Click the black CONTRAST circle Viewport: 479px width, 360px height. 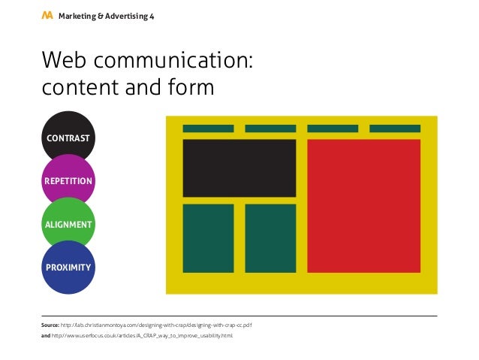pos(68,135)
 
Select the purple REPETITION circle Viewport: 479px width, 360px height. pos(68,180)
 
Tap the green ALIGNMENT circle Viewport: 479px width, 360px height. pos(68,224)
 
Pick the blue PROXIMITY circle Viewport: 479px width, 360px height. pos(68,268)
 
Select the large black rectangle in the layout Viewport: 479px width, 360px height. pos(239,168)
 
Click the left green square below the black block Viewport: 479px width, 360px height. pos(208,238)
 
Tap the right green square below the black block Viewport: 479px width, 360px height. pos(270,238)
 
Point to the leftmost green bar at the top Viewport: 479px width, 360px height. pos(208,129)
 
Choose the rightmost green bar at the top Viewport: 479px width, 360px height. pos(395,129)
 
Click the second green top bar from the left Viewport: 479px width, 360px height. pos(270,129)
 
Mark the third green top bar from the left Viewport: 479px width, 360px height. pos(333,129)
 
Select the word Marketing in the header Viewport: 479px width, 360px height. pos(78,16)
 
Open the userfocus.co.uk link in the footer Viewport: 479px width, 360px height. pos(143,335)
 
